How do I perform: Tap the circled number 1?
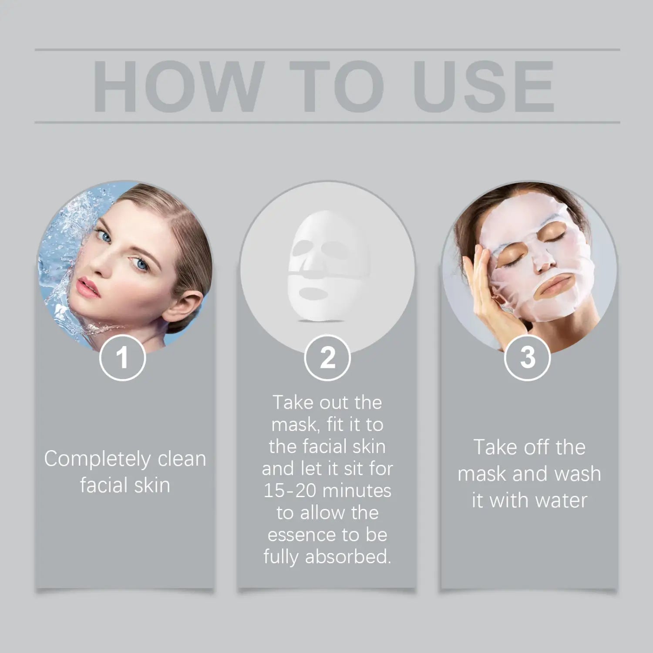coord(123,358)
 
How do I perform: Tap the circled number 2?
coord(327,358)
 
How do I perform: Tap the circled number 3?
coord(528,358)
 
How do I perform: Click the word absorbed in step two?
coord(348,557)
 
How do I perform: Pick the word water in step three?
coord(561,501)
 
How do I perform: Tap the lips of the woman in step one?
coord(88,288)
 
